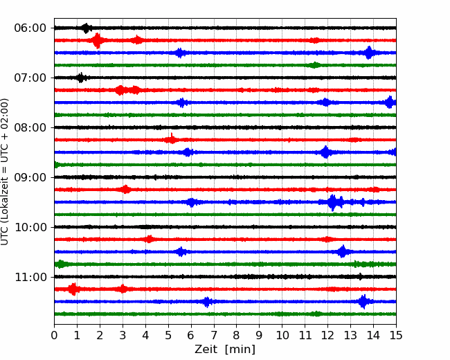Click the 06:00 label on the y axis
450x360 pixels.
30,28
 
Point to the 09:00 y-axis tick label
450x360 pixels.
30,177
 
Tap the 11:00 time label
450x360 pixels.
30,278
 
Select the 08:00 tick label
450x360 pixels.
30,128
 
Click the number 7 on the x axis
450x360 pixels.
213,335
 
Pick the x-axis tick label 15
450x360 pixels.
396,335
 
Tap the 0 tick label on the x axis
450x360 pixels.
54,335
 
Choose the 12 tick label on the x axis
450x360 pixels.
327,335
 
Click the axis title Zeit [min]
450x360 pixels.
225,350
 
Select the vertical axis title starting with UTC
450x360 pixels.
5,172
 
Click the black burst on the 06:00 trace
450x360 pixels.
86,28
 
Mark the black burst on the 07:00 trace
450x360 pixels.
81,78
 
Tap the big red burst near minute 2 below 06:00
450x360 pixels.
98,40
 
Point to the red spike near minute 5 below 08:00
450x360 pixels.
172,139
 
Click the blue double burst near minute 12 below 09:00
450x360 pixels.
335,202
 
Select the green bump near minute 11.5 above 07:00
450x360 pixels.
314,65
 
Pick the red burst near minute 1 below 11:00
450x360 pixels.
73,289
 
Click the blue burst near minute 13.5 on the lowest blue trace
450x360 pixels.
363,301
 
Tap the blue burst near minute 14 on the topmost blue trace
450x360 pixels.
369,53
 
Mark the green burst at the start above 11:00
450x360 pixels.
60,264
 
